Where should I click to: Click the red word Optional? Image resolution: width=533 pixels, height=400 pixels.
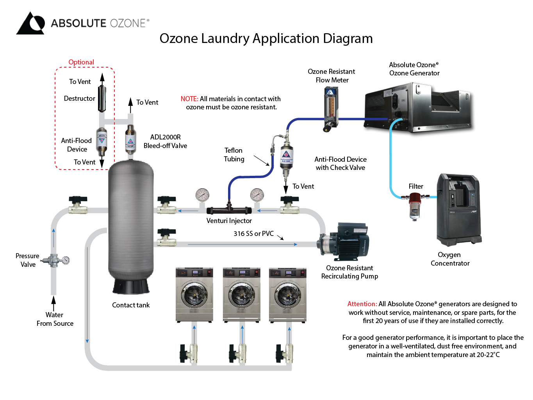[x=81, y=62]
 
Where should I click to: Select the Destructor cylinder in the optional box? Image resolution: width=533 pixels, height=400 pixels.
[x=102, y=98]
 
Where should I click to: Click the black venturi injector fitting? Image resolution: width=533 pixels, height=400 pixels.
[x=229, y=210]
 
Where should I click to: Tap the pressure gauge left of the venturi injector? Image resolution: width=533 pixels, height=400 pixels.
[x=202, y=195]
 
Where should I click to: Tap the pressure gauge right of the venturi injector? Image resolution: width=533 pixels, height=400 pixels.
[x=257, y=195]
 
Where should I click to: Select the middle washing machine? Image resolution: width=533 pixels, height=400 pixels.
[x=241, y=294]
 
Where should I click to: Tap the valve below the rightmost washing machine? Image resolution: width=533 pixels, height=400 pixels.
[x=285, y=353]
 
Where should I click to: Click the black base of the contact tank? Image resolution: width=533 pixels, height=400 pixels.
[x=131, y=286]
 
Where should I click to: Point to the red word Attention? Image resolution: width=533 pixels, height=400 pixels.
[x=362, y=304]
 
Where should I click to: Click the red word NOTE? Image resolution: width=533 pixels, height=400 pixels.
[x=189, y=99]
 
